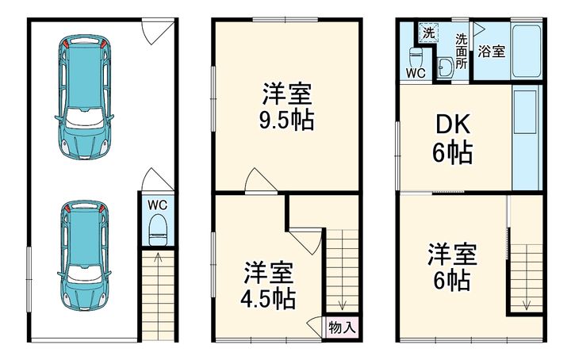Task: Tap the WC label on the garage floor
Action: tap(158, 205)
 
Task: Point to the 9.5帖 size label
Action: tap(288, 121)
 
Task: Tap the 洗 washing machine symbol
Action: tap(428, 33)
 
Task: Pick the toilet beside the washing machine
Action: tap(415, 58)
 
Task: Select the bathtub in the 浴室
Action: tap(527, 50)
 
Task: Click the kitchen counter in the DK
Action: tap(527, 139)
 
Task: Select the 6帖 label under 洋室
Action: tap(452, 280)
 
